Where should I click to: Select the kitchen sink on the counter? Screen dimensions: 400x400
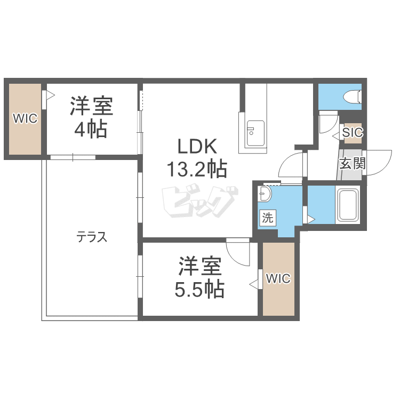click(255, 130)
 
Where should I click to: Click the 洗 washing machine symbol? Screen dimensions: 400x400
click(267, 218)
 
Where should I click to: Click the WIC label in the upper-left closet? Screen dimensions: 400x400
click(25, 118)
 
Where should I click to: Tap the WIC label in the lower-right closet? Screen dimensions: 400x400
click(278, 278)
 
